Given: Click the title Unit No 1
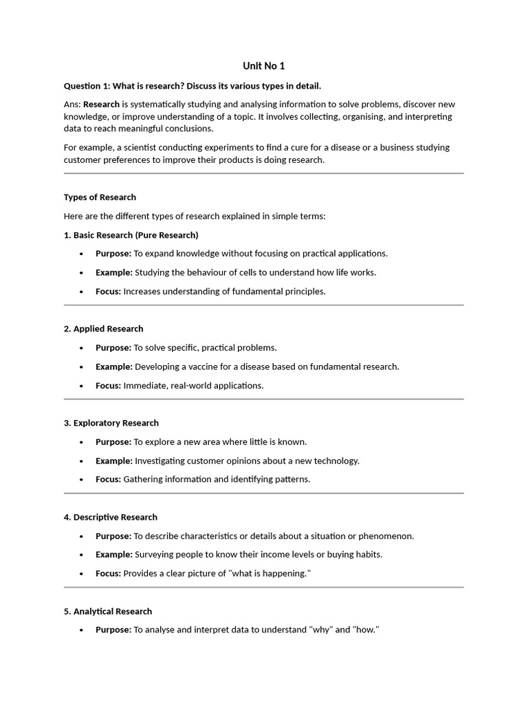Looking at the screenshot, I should [263, 66].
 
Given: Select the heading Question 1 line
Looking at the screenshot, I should [192, 86].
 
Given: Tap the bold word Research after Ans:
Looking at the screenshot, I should [101, 104].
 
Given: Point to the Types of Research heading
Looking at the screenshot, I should [100, 197].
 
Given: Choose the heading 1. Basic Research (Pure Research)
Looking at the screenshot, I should [131, 235].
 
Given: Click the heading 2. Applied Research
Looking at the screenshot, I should [103, 329].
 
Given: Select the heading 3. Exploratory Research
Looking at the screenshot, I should [111, 423].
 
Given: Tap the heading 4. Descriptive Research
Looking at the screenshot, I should [110, 517].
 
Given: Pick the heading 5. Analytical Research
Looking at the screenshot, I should [108, 611].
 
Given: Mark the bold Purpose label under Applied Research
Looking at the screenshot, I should [113, 348].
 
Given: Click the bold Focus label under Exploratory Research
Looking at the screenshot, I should [108, 479].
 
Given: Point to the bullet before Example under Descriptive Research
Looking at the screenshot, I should [81, 555].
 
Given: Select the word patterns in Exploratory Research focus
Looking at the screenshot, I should [292, 479].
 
